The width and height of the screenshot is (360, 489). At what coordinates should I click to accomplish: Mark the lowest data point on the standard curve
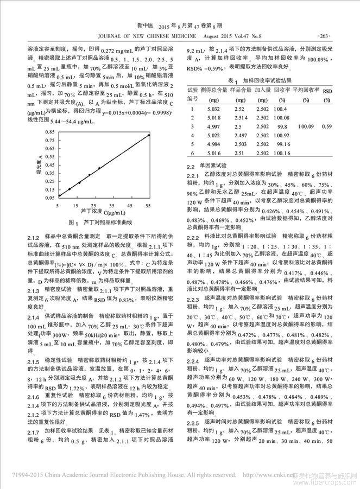coord(59,195)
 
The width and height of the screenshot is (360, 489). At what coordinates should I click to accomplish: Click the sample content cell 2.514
coord(239,118)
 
